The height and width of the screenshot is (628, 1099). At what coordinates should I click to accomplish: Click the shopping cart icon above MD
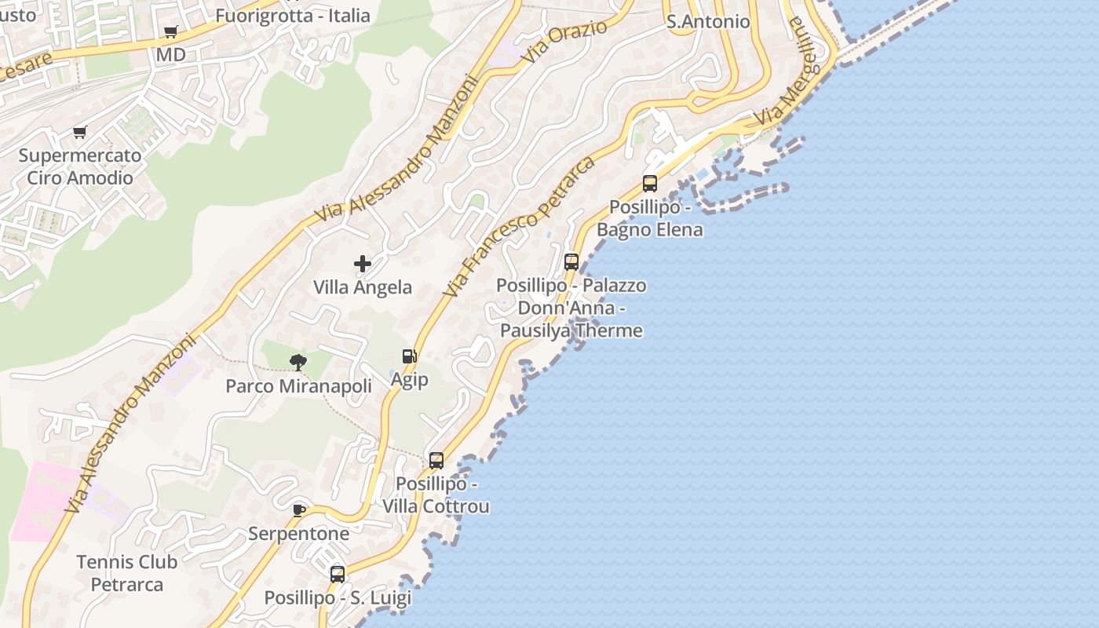170,32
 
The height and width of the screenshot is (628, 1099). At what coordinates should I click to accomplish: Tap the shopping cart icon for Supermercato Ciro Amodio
79,132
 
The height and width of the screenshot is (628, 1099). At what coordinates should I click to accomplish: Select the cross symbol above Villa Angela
363,264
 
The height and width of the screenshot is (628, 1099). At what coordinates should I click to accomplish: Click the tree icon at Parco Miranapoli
298,362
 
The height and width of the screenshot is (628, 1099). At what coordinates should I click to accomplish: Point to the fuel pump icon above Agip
409,356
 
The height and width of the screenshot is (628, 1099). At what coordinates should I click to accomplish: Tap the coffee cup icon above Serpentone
298,510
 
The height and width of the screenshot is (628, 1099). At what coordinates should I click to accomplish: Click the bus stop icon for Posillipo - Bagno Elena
650,184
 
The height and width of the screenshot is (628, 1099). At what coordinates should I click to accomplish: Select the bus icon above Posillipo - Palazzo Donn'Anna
571,262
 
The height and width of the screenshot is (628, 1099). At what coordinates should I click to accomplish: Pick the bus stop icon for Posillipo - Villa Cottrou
436,461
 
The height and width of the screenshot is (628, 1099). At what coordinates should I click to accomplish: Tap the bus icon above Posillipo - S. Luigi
338,574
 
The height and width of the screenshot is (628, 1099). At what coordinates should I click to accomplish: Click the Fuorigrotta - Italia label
293,16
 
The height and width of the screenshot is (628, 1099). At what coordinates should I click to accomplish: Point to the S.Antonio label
708,22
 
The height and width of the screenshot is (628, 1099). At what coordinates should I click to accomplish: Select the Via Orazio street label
565,42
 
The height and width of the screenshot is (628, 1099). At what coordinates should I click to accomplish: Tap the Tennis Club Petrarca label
127,573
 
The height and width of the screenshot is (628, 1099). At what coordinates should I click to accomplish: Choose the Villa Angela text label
363,287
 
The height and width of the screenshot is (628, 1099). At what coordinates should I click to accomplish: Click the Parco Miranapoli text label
298,386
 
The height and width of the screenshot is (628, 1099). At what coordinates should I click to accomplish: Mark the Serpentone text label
299,534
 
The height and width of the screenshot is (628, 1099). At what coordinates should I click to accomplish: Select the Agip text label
410,380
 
